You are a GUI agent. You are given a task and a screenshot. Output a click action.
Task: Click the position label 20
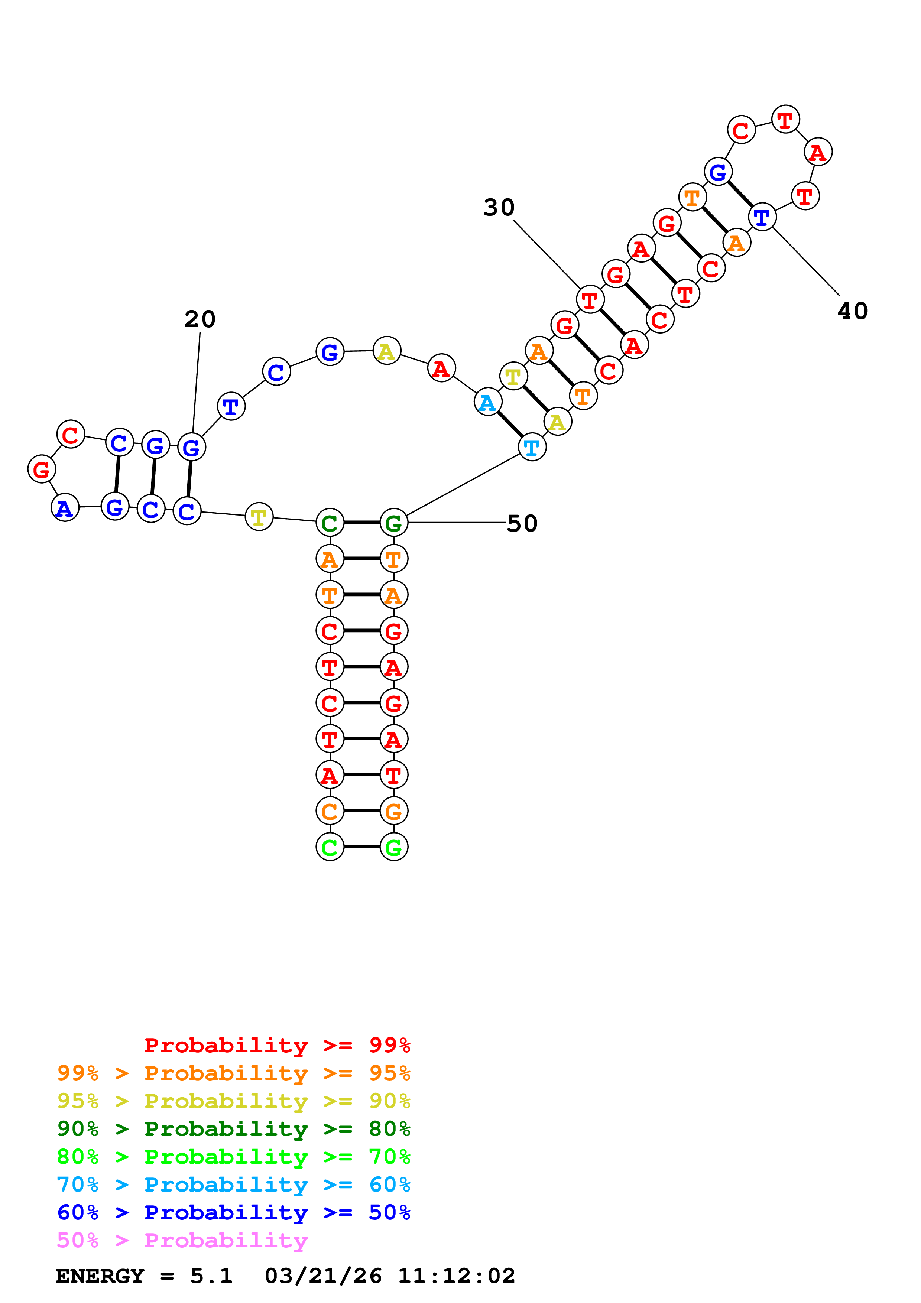pyautogui.click(x=200, y=319)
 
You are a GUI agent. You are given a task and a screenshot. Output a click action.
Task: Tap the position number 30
pyautogui.click(x=499, y=208)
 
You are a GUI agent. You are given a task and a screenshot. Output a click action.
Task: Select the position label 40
pyautogui.click(x=852, y=311)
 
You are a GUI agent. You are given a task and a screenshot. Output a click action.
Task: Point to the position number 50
pyautogui.click(x=522, y=523)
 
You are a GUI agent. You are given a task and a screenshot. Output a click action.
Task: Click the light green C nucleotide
pyautogui.click(x=330, y=847)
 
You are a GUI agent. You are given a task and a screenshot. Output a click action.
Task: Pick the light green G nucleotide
pyautogui.click(x=394, y=847)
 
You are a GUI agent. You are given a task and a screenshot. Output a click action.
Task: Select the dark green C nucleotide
pyautogui.click(x=330, y=523)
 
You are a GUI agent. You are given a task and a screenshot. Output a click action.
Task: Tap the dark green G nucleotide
pyautogui.click(x=394, y=523)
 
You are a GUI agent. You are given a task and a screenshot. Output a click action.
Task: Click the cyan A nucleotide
pyautogui.click(x=487, y=402)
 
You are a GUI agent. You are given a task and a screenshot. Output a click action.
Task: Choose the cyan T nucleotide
pyautogui.click(x=532, y=447)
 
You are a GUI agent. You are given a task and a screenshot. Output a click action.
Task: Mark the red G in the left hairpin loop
pyautogui.click(x=42, y=469)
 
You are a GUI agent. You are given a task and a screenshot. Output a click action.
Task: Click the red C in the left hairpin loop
pyautogui.click(x=70, y=435)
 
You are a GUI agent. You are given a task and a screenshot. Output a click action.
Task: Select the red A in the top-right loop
pyautogui.click(x=818, y=152)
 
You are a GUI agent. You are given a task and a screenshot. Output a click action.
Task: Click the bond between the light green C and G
pyautogui.click(x=362, y=847)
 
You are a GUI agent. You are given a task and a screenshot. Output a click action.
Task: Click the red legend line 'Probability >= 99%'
pyautogui.click(x=277, y=1045)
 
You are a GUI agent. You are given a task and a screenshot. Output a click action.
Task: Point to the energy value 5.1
pyautogui.click(x=211, y=1276)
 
